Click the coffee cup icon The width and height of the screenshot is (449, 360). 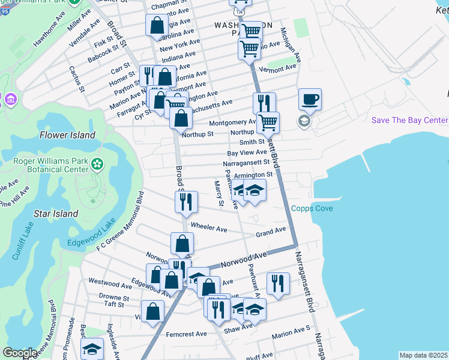[310, 100]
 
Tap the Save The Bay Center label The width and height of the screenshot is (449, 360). [409, 120]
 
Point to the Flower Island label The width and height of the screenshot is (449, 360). [67, 135]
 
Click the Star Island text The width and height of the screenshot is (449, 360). [56, 214]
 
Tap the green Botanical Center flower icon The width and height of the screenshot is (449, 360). [97, 163]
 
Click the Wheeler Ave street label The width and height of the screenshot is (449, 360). [209, 228]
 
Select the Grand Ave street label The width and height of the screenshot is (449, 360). [271, 232]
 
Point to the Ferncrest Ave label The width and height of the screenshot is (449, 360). [186, 334]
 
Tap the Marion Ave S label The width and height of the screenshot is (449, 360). [291, 337]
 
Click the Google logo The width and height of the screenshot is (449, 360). [20, 353]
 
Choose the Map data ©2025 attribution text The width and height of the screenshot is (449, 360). [423, 355]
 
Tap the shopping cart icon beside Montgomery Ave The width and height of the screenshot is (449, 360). [268, 122]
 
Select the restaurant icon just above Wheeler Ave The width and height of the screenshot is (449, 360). [186, 202]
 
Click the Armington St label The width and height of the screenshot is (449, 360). [253, 175]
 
